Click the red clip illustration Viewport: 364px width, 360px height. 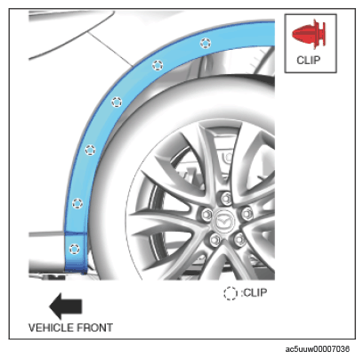[309, 34]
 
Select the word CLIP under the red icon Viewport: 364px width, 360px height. [309, 61]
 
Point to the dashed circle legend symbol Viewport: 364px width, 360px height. [231, 293]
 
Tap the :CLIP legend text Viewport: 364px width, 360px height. [254, 293]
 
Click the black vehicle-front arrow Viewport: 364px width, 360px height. [66, 307]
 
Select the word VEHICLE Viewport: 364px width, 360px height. [51, 328]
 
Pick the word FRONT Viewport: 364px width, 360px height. [95, 328]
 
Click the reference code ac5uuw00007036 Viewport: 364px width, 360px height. [318, 349]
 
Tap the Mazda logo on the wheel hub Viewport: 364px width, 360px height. [223, 221]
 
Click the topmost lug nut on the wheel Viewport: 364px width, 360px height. [226, 197]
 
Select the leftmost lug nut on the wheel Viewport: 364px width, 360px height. [206, 214]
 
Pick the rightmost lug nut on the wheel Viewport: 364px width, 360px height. [247, 213]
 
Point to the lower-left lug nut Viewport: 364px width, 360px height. [215, 239]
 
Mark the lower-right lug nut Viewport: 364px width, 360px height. [239, 238]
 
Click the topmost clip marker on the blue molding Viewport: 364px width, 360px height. [206, 44]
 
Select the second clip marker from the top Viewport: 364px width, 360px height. [158, 65]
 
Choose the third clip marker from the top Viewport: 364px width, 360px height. [117, 102]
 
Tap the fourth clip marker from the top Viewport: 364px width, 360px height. [90, 151]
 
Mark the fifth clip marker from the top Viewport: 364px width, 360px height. [77, 203]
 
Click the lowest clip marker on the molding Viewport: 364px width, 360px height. [74, 249]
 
